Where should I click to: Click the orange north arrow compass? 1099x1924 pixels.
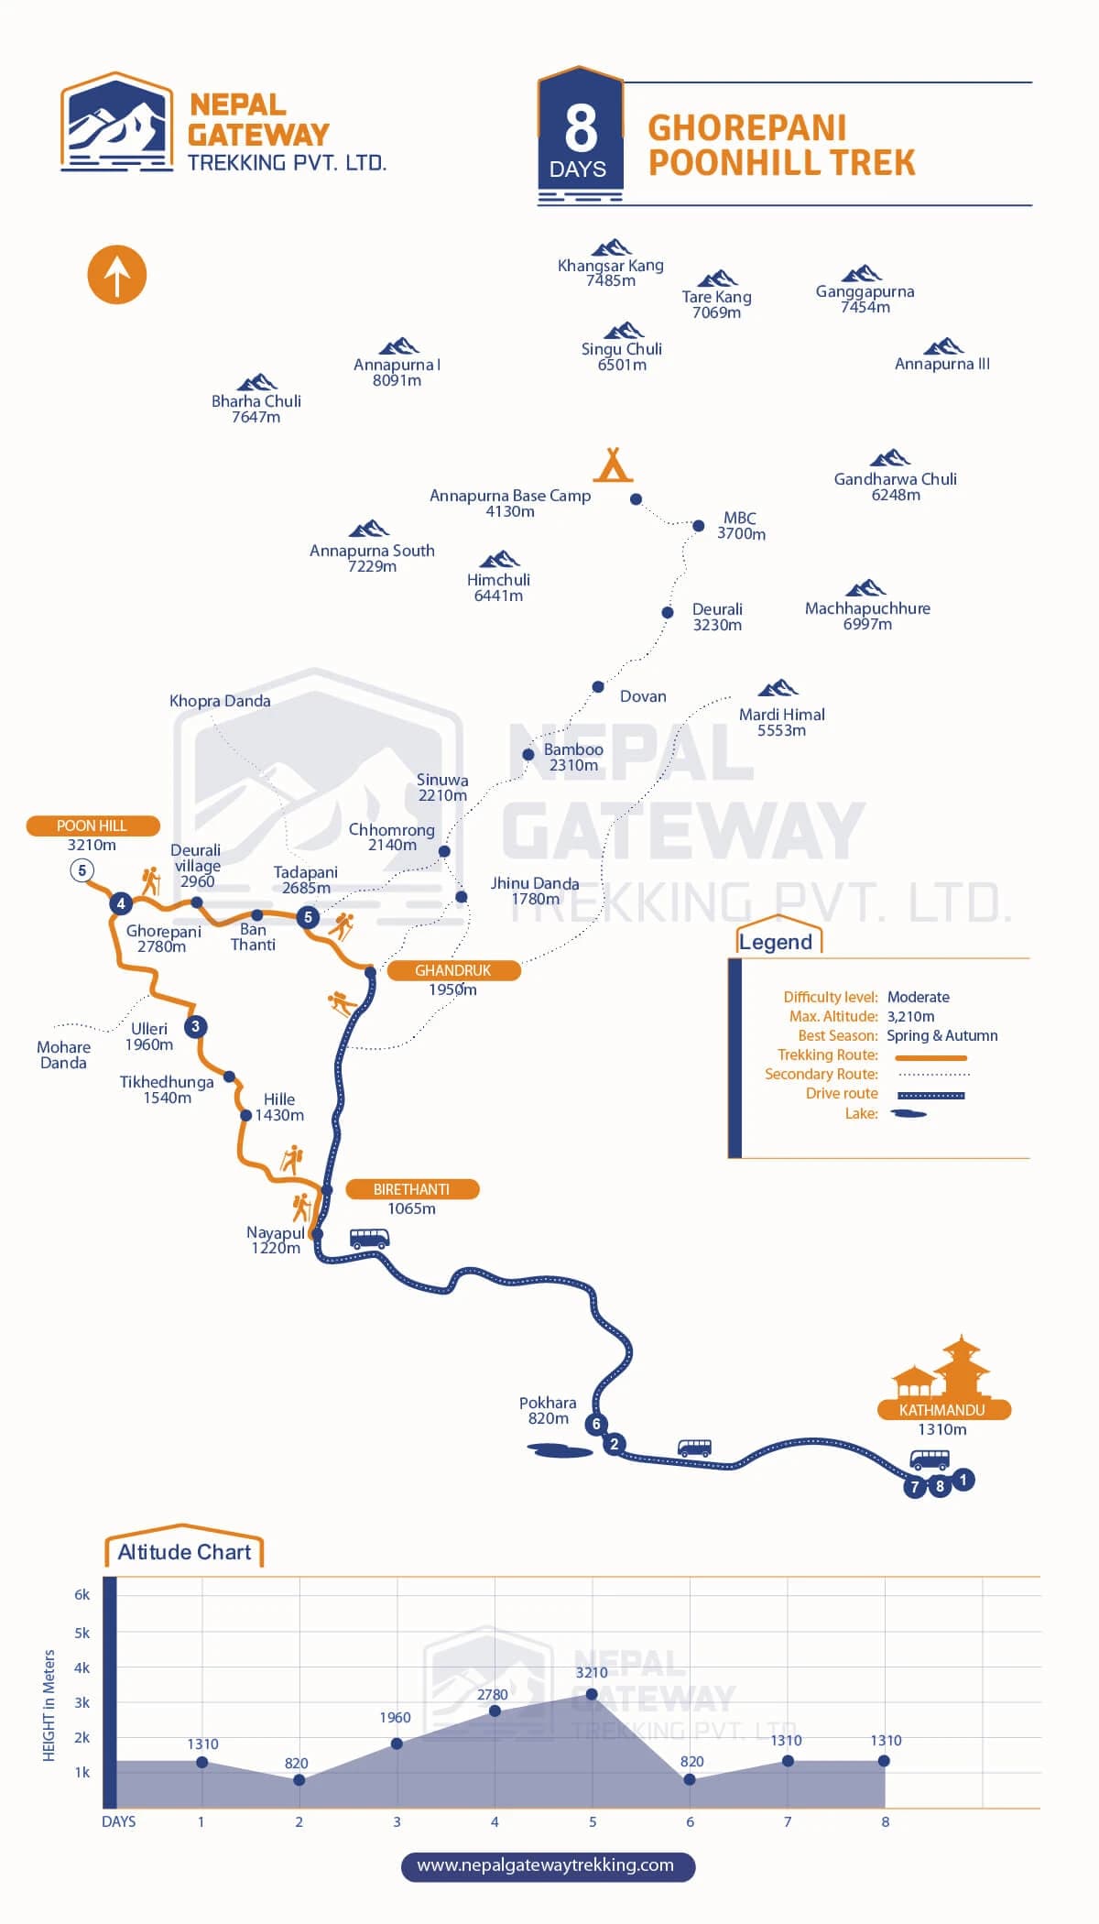pos(117,275)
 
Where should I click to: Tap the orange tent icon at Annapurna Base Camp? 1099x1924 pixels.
pos(613,465)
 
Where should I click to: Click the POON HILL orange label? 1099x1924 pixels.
pos(92,825)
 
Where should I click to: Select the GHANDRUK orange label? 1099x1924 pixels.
pos(453,970)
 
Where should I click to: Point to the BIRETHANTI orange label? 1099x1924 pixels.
pos(412,1189)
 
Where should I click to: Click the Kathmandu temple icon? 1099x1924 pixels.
pos(942,1367)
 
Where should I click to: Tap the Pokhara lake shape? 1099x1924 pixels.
pos(560,1450)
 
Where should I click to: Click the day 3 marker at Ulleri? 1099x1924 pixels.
pos(195,1026)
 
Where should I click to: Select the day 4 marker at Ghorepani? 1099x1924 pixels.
pos(120,903)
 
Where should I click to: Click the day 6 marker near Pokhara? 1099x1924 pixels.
pos(596,1424)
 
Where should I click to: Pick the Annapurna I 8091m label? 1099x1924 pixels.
pos(397,372)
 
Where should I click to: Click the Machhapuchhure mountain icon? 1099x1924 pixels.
pos(865,588)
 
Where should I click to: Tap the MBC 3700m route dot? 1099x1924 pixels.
pos(698,526)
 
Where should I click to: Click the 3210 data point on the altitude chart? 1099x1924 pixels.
pos(592,1694)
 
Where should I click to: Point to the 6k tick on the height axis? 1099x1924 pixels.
pos(82,1595)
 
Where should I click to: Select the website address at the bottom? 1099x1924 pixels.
pos(546,1865)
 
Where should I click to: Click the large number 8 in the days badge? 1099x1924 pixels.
pos(581,129)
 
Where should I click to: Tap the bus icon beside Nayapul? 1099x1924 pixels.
pos(369,1239)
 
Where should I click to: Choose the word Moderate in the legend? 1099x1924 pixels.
pos(919,997)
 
